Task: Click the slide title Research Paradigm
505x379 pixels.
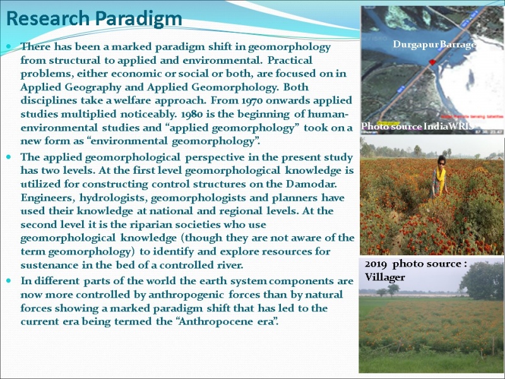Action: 94,19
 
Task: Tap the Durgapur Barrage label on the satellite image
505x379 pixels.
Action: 434,44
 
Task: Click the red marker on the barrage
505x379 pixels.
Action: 432,62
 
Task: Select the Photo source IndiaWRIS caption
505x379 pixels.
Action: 417,126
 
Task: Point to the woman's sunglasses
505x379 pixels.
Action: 441,164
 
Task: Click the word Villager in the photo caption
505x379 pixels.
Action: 384,277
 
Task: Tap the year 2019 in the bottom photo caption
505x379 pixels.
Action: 376,264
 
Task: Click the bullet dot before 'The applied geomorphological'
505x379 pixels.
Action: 9,157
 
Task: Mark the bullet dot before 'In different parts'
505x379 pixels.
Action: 9,280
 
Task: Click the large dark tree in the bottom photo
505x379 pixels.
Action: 482,280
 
